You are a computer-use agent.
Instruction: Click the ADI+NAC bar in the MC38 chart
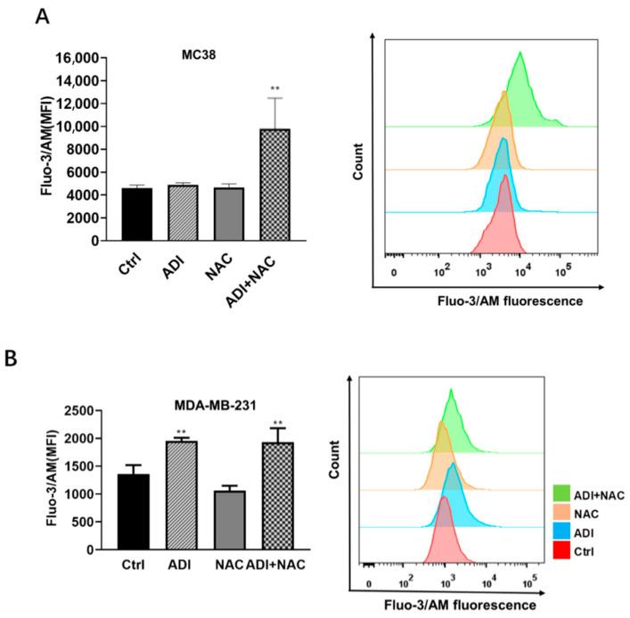[274, 185]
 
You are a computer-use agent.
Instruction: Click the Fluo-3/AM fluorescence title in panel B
[462, 605]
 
